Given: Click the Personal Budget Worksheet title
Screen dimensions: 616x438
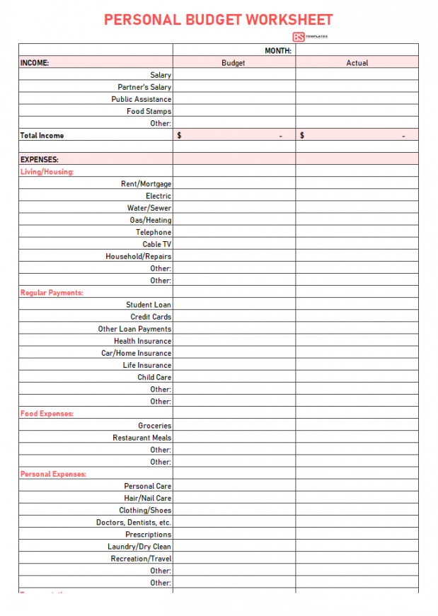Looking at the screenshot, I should pos(218,20).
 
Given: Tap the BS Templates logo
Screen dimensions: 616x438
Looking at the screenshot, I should pos(309,37).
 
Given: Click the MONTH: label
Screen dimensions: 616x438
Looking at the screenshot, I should pos(278,51).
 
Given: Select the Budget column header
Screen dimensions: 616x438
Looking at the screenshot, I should pos(234,63).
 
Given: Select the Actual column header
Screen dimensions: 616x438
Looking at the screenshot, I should pos(357,63).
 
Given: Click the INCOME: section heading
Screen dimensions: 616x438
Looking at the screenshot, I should pos(35,63).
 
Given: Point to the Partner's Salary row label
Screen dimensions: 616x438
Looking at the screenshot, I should pos(144,87).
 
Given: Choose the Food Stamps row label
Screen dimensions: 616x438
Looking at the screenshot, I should pos(149,111).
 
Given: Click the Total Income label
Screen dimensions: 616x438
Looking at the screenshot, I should pos(42,135).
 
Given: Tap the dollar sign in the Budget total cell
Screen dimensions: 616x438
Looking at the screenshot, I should pos(180,135).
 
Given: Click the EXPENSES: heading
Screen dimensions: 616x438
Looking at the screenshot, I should pos(40,160).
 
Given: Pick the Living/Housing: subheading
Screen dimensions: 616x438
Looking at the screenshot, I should pos(47,172).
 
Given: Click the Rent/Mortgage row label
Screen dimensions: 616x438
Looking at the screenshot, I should pos(146,184).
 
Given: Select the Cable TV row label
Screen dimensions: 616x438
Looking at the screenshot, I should pos(156,244).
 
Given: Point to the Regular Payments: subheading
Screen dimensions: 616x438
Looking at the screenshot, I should pos(52,293).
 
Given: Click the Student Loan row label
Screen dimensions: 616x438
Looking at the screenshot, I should pos(149,305).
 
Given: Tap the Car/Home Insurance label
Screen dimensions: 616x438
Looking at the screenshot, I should pos(136,353).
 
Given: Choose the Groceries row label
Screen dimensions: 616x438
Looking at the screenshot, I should pos(154,426).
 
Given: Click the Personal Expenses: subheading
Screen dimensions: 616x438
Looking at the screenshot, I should pos(53,474).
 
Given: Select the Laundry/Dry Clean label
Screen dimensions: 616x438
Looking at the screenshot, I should pos(139,547).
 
